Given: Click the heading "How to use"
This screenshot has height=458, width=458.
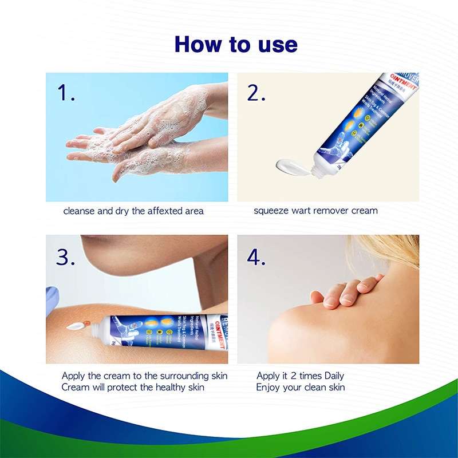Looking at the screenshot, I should tap(235, 45).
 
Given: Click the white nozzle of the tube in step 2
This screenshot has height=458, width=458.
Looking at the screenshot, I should tap(321, 167).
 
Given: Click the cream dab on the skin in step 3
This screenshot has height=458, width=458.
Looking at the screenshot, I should tap(74, 327).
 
